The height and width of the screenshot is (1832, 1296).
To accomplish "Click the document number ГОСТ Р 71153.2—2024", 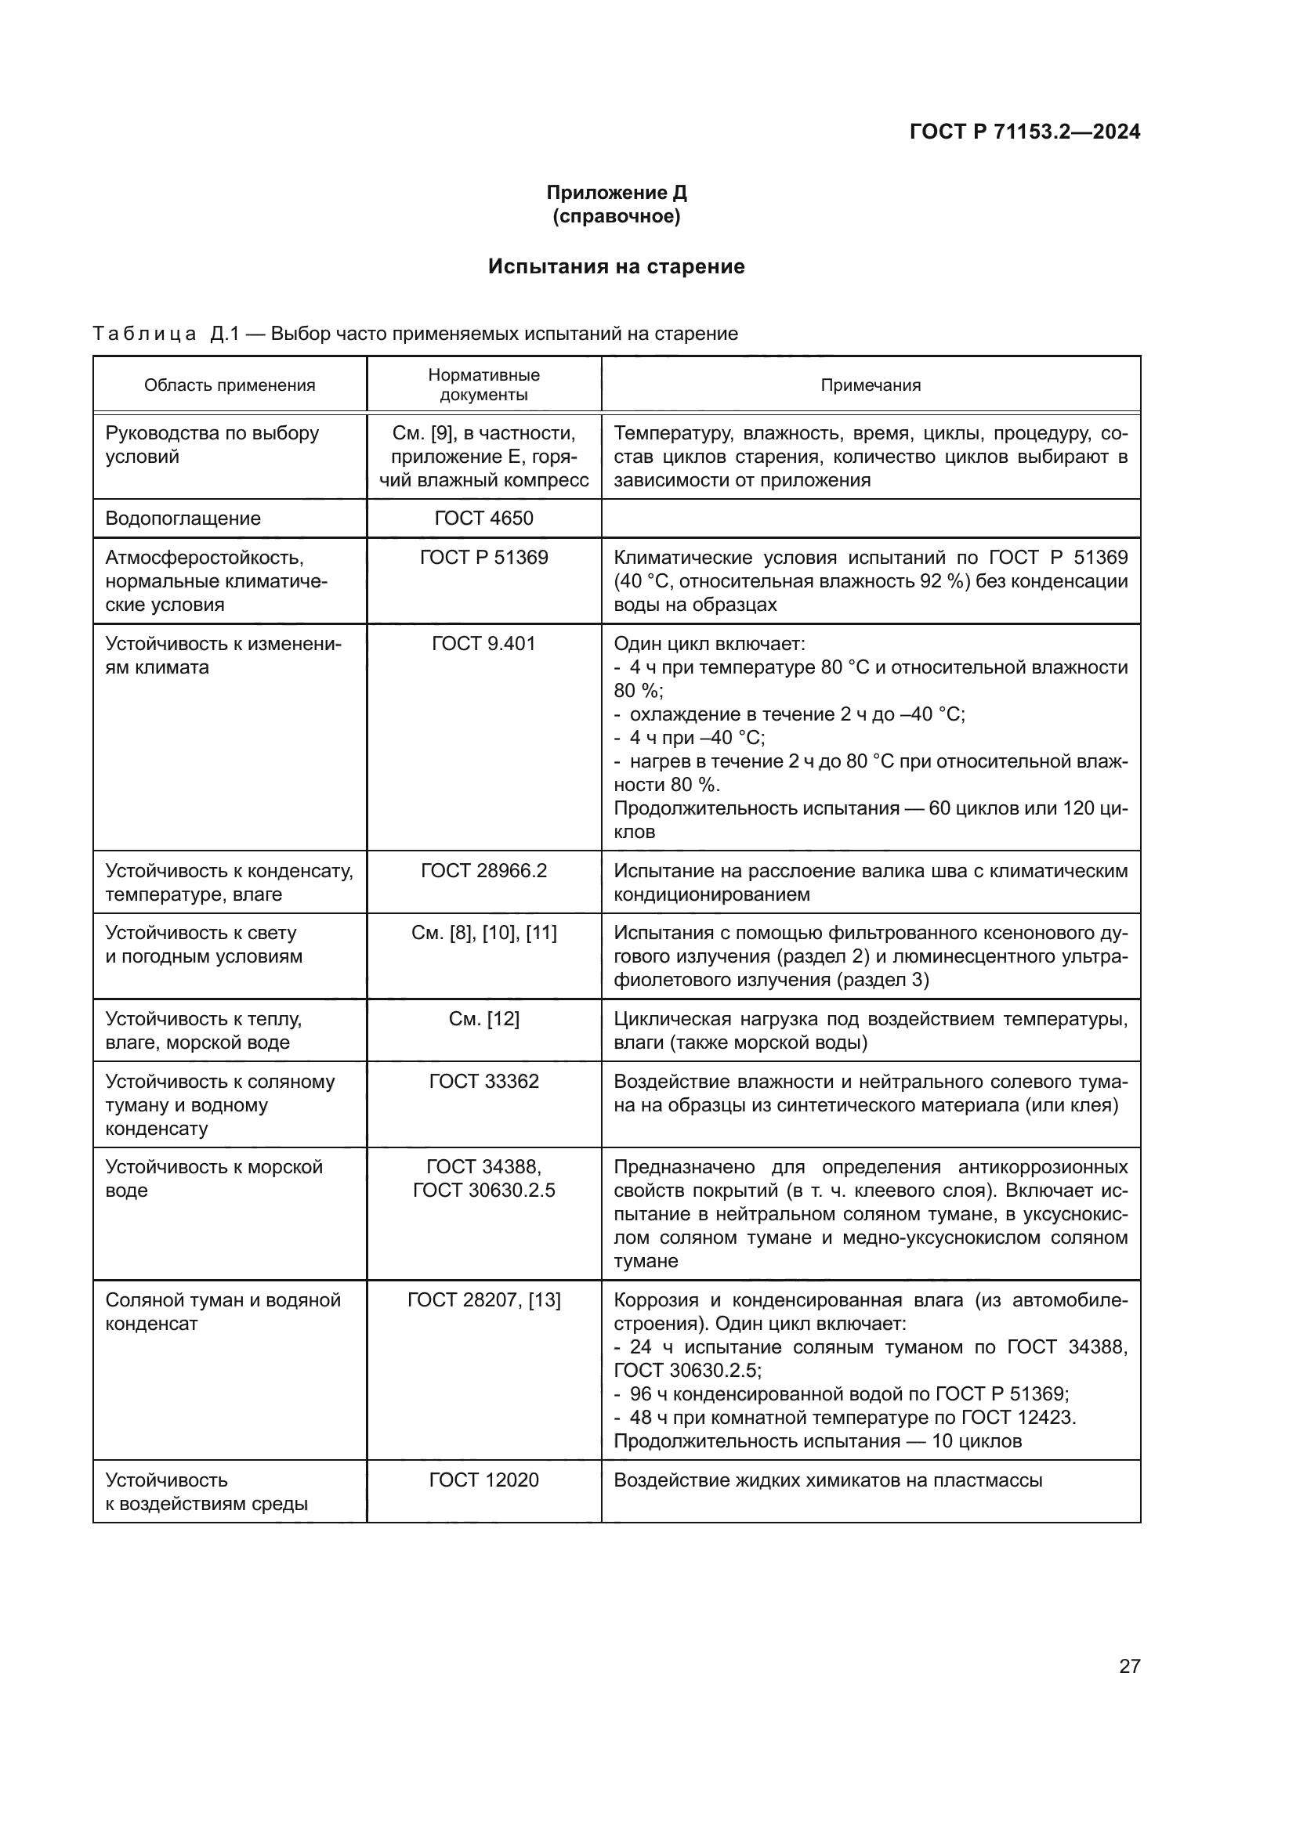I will pyautogui.click(x=1024, y=132).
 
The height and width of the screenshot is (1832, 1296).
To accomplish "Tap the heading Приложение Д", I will pyautogui.click(x=616, y=193).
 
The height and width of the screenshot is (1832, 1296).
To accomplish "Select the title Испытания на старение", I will pyautogui.click(x=616, y=266).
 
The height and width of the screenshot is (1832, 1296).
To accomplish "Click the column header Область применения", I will pyautogui.click(x=229, y=385).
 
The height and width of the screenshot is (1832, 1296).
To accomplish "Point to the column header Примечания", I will pyautogui.click(x=870, y=385).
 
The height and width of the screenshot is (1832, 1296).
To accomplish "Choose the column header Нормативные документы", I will pyautogui.click(x=483, y=385).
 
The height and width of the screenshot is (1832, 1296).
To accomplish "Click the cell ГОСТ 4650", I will pyautogui.click(x=483, y=519).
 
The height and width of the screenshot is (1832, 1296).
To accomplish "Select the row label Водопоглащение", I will pyautogui.click(x=183, y=519).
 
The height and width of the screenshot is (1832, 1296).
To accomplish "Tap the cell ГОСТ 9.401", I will pyautogui.click(x=483, y=644).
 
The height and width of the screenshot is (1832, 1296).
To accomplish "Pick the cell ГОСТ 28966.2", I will pyautogui.click(x=483, y=870).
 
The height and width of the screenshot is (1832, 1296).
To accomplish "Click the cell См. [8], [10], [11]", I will pyautogui.click(x=483, y=933).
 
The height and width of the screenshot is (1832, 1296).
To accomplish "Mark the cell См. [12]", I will pyautogui.click(x=483, y=1019).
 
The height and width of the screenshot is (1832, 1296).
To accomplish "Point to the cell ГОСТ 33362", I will pyautogui.click(x=483, y=1081).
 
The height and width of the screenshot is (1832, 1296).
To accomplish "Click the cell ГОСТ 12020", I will pyautogui.click(x=483, y=1480).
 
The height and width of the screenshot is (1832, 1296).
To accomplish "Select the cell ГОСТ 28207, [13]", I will pyautogui.click(x=483, y=1300).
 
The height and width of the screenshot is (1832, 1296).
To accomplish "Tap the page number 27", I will pyautogui.click(x=1129, y=1666).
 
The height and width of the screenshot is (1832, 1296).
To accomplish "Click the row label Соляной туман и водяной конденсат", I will pyautogui.click(x=223, y=1312).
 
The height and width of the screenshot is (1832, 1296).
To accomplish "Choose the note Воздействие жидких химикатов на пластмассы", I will pyautogui.click(x=827, y=1480).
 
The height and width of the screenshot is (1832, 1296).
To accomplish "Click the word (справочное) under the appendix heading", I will pyautogui.click(x=616, y=216).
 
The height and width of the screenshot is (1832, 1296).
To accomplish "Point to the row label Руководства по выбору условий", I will pyautogui.click(x=212, y=445).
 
